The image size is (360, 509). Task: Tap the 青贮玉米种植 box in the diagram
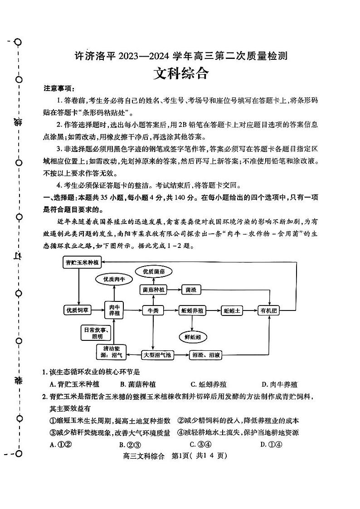pos(82,262)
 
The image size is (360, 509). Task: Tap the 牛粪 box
pos(153,310)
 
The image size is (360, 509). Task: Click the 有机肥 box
pos(270,310)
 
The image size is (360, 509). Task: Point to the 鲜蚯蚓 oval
pos(193,337)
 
